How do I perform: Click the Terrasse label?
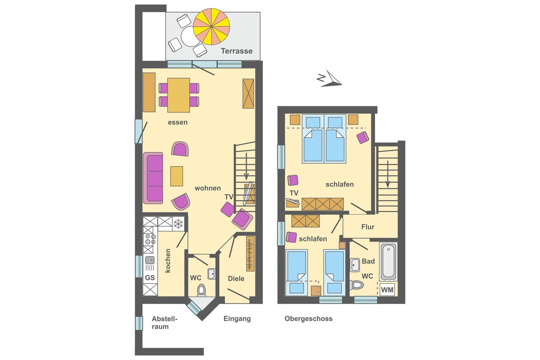click(237, 51)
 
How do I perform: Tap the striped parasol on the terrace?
click(211, 27)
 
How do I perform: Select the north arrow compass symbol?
click(329, 79)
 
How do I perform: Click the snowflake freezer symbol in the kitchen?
click(179, 224)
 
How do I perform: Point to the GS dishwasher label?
click(150, 278)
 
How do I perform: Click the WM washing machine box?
click(387, 289)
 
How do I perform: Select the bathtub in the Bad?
click(388, 261)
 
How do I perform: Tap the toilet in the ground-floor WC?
click(201, 290)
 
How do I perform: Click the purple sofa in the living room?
click(153, 178)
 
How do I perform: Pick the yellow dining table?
click(179, 95)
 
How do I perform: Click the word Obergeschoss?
click(308, 319)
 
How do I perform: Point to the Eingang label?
click(237, 319)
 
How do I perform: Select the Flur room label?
click(368, 227)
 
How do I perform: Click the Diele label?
click(236, 279)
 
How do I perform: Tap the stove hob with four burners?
click(150, 239)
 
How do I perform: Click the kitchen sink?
click(150, 260)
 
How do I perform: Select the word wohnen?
click(208, 188)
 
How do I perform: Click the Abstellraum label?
click(164, 323)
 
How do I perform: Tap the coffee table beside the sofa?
click(177, 176)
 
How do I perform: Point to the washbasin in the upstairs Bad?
click(355, 265)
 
